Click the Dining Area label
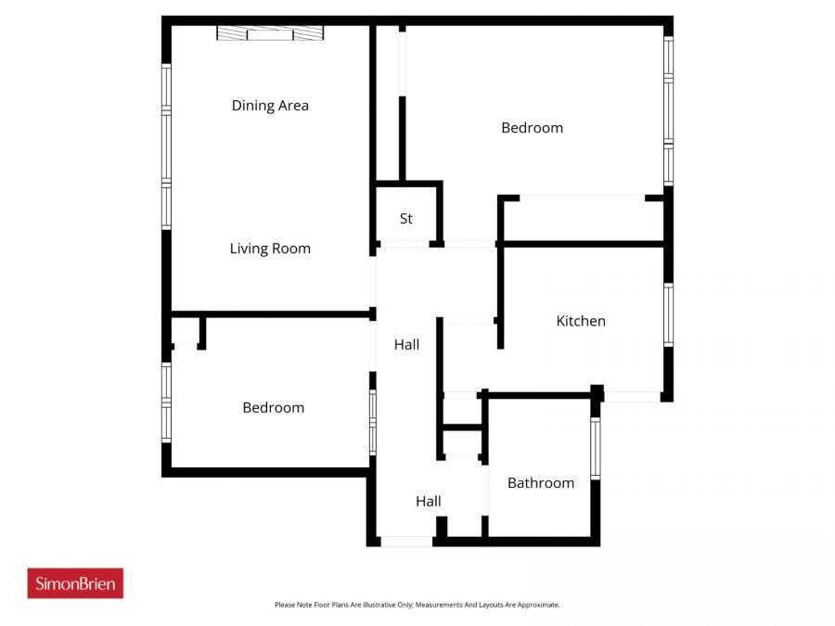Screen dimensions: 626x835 [x=270, y=106]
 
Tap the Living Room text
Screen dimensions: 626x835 [x=270, y=249]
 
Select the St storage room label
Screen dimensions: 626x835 [x=406, y=219]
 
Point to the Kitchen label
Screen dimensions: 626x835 [x=581, y=321]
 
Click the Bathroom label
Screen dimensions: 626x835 [x=540, y=483]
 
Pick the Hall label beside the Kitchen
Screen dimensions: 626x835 [x=406, y=345]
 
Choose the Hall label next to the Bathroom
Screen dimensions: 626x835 [x=428, y=502]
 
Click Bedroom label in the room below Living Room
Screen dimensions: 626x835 [x=273, y=408]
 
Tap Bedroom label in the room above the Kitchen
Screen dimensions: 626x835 [x=532, y=128]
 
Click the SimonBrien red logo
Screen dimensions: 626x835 [x=75, y=583]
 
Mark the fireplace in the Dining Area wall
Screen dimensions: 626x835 [x=270, y=33]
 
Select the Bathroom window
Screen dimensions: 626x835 [x=596, y=448]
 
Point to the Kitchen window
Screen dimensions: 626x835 [x=668, y=315]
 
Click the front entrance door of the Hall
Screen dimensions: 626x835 [x=406, y=541]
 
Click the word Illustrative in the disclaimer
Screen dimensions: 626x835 [x=367, y=605]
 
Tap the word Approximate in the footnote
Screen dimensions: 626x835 [x=538, y=605]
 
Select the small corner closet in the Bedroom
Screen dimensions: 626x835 [x=186, y=331]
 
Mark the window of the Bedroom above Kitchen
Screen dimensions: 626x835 [x=668, y=111]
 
